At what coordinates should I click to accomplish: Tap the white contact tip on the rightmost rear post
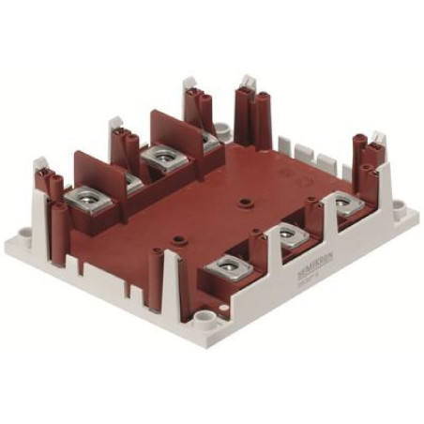click(x=378, y=137)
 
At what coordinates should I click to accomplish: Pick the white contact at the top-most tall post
click(x=249, y=83)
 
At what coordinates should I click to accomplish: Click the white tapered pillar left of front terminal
click(x=173, y=281)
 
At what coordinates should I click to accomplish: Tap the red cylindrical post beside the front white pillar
click(x=192, y=281)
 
